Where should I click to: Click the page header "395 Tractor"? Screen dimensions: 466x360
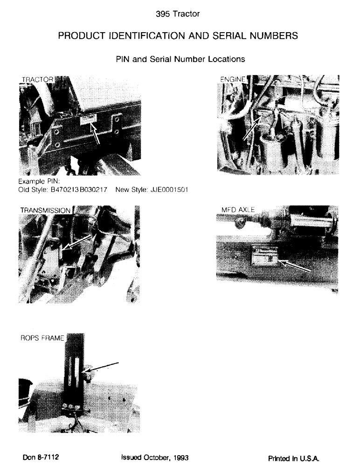point(180,14)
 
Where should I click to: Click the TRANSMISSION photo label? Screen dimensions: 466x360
point(45,210)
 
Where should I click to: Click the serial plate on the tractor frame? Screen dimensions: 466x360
point(88,120)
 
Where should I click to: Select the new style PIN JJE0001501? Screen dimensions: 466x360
point(166,190)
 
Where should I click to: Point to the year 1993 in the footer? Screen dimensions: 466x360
point(180,457)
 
